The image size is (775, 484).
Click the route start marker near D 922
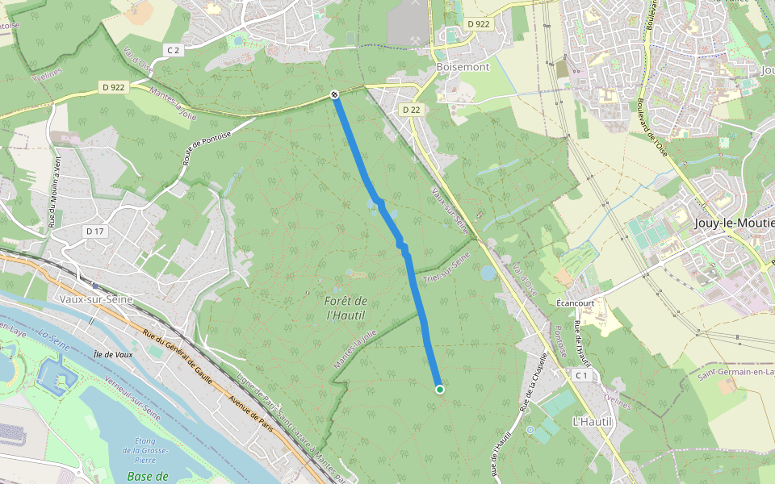[333, 95]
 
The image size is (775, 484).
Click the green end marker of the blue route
[440, 390]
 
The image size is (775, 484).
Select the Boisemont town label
[463, 67]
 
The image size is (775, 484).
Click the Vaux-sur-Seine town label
[95, 298]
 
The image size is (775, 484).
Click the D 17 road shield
[95, 232]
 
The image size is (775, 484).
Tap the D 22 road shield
[411, 110]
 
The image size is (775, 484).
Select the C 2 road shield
[173, 50]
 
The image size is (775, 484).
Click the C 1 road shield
[583, 376]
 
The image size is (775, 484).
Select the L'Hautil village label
[593, 422]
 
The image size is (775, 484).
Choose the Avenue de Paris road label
[253, 408]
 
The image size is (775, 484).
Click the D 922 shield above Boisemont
[478, 24]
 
